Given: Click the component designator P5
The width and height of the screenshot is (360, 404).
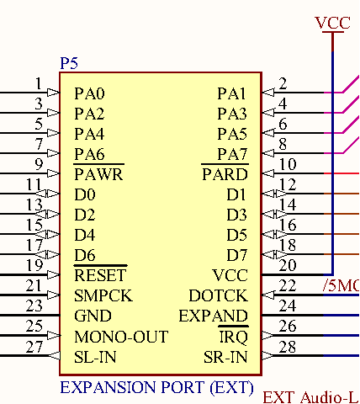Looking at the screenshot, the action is tap(69, 63).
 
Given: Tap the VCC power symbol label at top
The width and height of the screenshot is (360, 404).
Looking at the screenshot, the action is tap(332, 23).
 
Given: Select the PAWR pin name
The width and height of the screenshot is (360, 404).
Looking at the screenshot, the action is tap(98, 174).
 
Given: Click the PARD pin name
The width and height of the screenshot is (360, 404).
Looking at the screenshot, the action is tap(225, 174).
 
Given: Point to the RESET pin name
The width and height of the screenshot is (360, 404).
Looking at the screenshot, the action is tap(100, 275).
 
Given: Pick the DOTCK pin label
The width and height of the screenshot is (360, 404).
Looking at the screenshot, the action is tap(219, 295).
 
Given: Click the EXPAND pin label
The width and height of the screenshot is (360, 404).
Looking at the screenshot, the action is tap(214, 316).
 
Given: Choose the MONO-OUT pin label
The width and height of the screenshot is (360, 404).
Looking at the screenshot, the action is tap(121, 337).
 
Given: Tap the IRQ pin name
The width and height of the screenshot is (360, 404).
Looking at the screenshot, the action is tap(233, 337).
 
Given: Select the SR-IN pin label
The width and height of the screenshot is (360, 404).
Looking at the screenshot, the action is tap(225, 357).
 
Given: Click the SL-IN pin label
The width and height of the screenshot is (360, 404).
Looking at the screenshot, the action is tap(95, 357).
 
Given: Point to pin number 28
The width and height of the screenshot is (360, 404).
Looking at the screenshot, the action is tap(288, 347).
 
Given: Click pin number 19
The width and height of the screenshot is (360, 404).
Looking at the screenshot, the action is tap(34, 265).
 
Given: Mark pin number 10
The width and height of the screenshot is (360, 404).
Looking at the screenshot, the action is tap(288, 164).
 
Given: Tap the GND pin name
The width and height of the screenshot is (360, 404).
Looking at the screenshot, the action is tap(93, 316).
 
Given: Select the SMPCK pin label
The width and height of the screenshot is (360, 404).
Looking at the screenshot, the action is tap(103, 295).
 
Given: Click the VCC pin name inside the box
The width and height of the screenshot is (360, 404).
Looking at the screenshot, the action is tap(230, 275).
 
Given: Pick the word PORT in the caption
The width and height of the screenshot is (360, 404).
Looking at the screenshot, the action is tap(183, 387).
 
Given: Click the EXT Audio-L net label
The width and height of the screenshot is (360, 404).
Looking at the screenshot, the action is tap(311, 397).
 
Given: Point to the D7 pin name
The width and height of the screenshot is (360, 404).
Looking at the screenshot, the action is tap(237, 255).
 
